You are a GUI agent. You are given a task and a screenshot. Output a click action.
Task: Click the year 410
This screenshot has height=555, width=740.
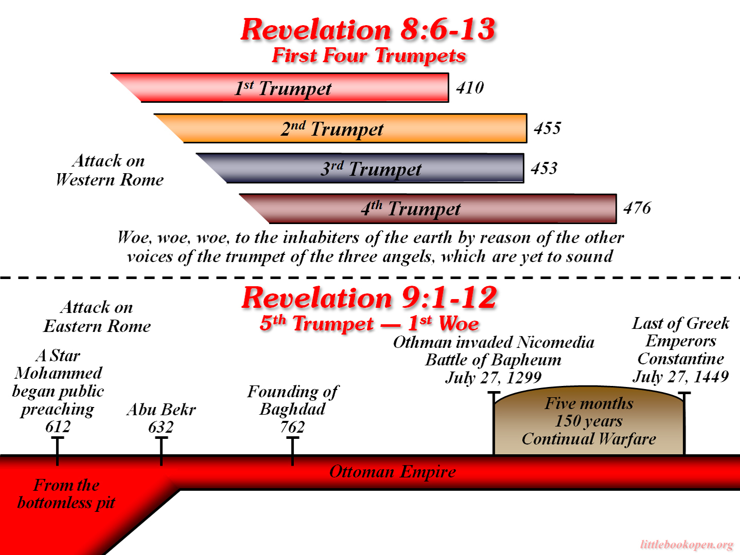tap(470, 87)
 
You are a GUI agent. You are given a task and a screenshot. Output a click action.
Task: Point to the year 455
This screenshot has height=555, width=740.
tap(547, 128)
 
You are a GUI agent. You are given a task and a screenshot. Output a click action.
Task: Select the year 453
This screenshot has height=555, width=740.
tap(544, 168)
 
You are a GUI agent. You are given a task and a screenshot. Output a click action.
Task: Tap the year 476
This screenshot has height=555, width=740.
tap(637, 208)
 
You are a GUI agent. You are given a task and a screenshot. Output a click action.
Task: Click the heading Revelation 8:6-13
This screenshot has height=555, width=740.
tap(368, 30)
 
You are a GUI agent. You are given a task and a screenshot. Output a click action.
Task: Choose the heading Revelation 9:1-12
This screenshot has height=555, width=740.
tap(369, 298)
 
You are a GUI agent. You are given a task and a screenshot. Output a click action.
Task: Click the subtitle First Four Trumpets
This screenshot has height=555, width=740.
tap(369, 55)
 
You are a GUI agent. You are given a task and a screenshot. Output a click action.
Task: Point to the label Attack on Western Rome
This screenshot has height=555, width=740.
tap(109, 170)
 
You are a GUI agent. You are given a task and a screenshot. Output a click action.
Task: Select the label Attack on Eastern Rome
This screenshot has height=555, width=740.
tap(97, 317)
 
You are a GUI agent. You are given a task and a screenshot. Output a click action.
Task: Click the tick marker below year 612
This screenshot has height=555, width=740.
tap(58, 451)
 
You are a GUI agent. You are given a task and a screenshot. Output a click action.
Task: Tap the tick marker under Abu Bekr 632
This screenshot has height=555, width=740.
tap(161, 451)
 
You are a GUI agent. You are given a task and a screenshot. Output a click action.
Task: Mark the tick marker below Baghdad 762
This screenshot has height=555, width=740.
tap(292, 451)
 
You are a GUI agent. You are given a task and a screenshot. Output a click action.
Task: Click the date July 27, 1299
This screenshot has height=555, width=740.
tap(493, 377)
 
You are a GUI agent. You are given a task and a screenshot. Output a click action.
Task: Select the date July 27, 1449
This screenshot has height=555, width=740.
tap(680, 376)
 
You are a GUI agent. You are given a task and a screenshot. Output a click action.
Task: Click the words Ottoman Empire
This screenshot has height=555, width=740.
tap(393, 471)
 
